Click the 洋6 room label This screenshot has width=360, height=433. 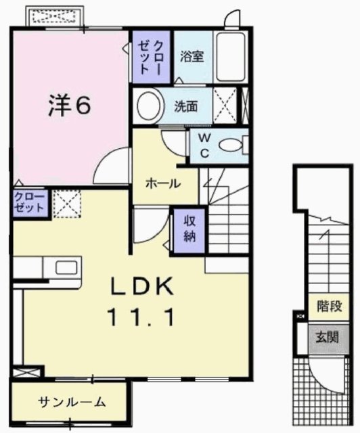69,104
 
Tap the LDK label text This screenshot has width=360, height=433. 143,287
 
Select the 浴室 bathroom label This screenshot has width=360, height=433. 192,57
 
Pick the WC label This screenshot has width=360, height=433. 203,145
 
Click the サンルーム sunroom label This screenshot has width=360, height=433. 72,402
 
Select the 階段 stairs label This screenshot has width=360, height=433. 328,306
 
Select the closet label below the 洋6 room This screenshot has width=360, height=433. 29,202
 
